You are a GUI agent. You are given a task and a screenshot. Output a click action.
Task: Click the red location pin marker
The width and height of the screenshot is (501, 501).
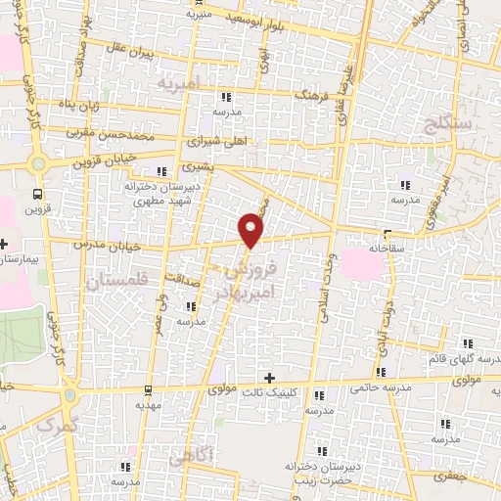click(x=251, y=229)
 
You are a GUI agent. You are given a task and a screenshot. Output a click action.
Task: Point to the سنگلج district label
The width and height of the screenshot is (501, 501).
click(x=449, y=122)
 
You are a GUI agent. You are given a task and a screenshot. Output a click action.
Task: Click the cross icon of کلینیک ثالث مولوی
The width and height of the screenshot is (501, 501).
click(x=270, y=378)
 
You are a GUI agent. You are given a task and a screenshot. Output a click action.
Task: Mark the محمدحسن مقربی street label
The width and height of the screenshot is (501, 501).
click(x=112, y=129)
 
